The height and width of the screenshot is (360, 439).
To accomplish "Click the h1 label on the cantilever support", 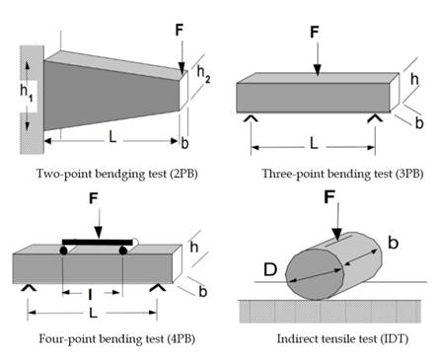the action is [x=26, y=92].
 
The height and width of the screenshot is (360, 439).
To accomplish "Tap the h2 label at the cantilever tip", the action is [x=203, y=75].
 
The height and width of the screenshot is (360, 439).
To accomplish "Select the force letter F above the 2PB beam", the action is [x=179, y=30].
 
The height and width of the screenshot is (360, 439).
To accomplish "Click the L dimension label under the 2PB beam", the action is [x=112, y=137].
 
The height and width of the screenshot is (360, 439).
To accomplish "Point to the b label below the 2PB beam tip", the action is [x=184, y=143].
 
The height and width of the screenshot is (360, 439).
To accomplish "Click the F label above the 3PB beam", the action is [x=315, y=33].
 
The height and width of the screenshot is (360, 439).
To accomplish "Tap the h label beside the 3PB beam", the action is [x=414, y=79].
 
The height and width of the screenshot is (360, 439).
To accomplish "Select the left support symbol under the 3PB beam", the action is [x=251, y=118].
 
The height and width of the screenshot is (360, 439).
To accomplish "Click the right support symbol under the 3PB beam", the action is [x=375, y=118].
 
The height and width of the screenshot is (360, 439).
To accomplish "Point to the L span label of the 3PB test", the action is [x=314, y=143].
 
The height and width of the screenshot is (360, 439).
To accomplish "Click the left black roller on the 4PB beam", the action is [x=63, y=251].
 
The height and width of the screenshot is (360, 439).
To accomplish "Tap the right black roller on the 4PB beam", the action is [x=123, y=251].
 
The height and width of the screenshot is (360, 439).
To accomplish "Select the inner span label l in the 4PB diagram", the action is [x=90, y=295].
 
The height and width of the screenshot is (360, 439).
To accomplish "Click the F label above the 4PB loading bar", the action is [x=94, y=198].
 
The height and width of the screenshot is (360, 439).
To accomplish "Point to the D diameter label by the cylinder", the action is [x=270, y=269].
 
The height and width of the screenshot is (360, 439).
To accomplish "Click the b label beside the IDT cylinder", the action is [x=393, y=243].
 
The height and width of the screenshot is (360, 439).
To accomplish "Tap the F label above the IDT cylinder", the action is [x=329, y=196].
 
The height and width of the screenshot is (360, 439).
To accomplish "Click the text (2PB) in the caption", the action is [x=184, y=174].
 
